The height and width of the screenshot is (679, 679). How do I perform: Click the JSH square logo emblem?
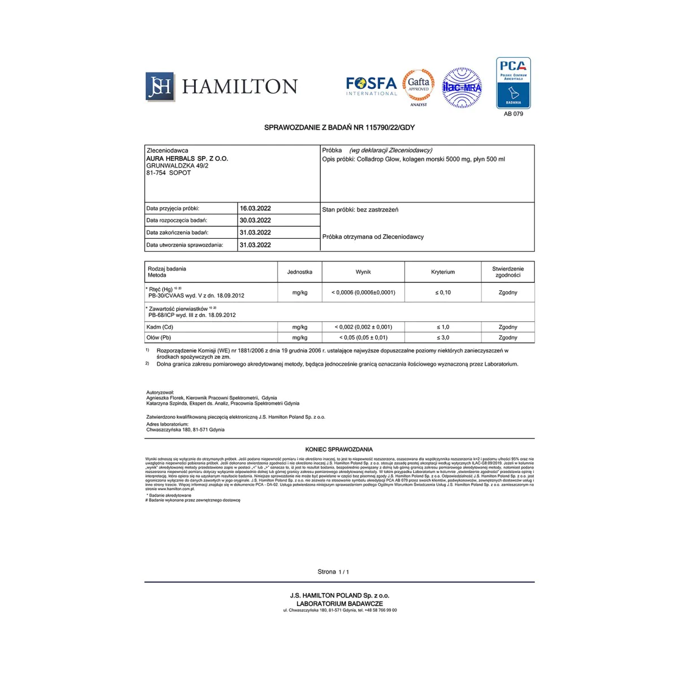click(x=160, y=86)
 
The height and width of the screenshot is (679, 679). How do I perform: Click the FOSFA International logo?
click(x=371, y=86)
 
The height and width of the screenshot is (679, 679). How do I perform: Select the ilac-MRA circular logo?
click(x=462, y=88)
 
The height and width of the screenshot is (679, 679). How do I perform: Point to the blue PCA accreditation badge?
click(x=513, y=83)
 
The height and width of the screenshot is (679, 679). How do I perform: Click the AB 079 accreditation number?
click(x=513, y=114)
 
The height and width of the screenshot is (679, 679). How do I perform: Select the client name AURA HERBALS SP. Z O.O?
click(x=187, y=159)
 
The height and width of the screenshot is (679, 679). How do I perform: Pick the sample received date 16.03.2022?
click(x=255, y=208)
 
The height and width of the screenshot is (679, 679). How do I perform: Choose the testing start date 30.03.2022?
click(x=255, y=221)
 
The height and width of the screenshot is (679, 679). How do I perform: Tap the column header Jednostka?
click(x=299, y=272)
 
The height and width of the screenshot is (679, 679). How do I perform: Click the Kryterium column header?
click(x=442, y=272)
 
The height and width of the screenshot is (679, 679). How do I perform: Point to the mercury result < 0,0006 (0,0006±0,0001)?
click(x=363, y=293)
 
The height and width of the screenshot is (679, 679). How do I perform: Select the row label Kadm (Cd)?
click(x=160, y=327)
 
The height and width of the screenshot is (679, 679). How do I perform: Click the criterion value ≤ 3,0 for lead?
click(x=442, y=338)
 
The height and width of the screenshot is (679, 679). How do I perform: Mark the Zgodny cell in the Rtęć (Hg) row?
click(x=508, y=293)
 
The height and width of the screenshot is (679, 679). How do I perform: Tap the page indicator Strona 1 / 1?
click(x=333, y=572)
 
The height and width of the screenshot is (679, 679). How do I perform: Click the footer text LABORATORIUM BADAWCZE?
click(x=339, y=604)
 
